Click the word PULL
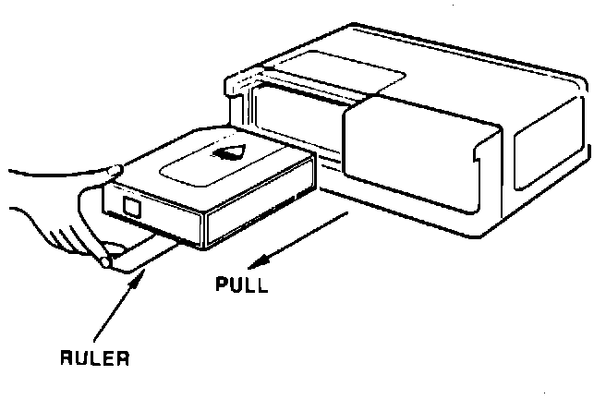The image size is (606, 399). tap(241, 284)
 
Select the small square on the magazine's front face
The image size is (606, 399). tap(129, 207)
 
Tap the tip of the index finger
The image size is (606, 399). tap(115, 169)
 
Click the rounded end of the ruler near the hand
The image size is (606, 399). tap(105, 264)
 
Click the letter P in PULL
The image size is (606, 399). tap(221, 284)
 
